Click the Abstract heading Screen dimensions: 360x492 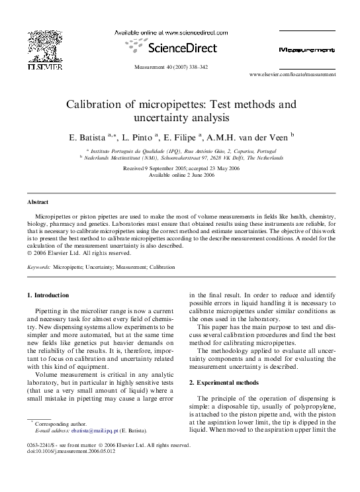click(38, 201)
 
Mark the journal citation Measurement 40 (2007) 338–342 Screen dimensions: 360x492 click(180, 68)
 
